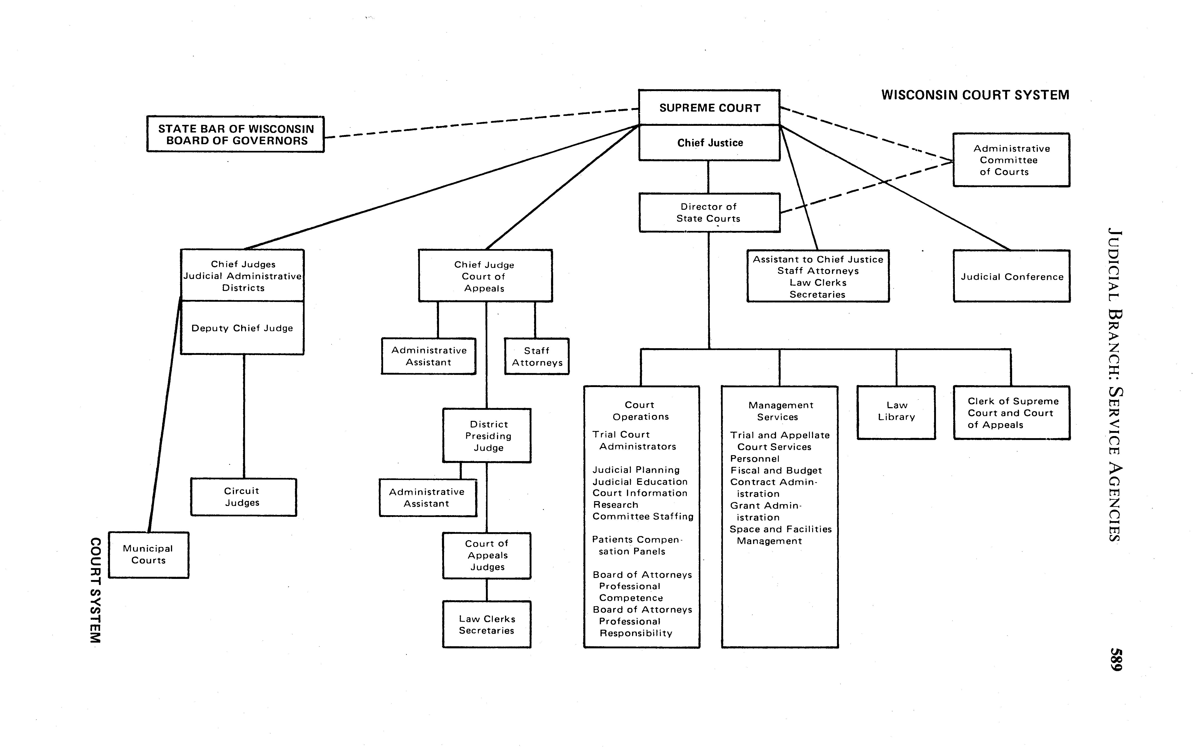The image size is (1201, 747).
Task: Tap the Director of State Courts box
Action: [709, 213]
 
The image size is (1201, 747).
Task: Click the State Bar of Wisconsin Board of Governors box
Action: [236, 134]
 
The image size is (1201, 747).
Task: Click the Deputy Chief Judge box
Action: [242, 328]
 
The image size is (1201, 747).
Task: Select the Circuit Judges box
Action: [243, 497]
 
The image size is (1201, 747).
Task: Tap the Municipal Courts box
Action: [148, 554]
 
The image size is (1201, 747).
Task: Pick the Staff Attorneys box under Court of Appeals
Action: [537, 356]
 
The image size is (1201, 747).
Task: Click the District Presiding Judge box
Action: [487, 436]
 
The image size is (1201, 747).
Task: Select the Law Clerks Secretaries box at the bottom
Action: [487, 624]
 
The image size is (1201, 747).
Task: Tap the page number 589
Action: [1116, 660]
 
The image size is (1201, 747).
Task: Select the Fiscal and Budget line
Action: [776, 470]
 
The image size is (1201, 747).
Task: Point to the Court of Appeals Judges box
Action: [487, 555]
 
